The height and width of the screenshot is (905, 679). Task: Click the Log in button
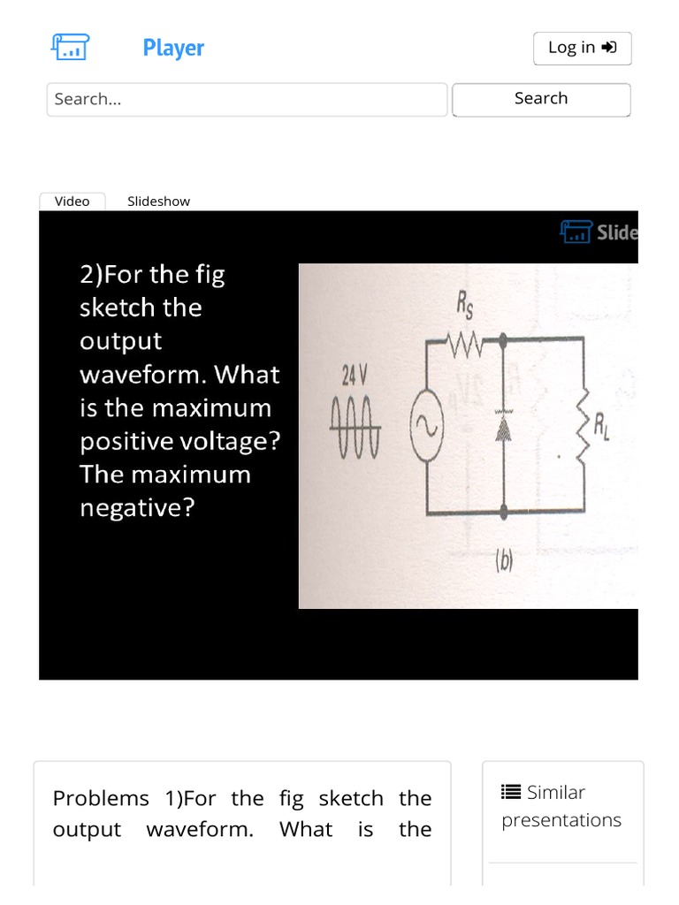[582, 49]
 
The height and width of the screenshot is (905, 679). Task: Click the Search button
[541, 99]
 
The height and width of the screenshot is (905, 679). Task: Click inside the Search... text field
[247, 99]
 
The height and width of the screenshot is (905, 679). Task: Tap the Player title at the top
[173, 48]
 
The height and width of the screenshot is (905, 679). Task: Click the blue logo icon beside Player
[69, 47]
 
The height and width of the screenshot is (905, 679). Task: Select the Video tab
[72, 202]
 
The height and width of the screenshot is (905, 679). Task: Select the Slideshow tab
[158, 202]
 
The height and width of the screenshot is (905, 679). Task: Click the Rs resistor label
[464, 306]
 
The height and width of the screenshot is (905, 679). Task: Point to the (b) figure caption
[504, 562]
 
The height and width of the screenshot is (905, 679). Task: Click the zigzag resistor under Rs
[465, 339]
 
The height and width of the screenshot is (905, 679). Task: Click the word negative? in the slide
[136, 508]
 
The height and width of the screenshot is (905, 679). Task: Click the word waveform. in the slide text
[141, 375]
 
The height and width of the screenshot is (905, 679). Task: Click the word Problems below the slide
[101, 799]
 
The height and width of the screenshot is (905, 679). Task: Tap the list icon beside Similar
[511, 792]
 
